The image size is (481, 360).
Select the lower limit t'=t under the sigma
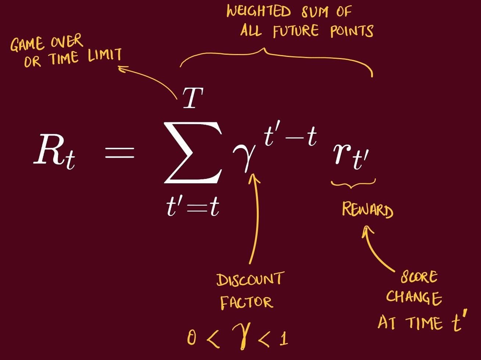[193, 206]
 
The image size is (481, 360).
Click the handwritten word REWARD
[367, 210]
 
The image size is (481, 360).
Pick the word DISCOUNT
[250, 280]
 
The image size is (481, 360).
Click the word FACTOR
[246, 303]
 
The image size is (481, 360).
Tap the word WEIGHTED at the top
[259, 11]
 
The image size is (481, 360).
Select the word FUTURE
[296, 31]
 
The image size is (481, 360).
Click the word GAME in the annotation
[27, 44]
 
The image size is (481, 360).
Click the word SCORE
[419, 276]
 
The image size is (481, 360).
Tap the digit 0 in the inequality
[191, 338]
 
